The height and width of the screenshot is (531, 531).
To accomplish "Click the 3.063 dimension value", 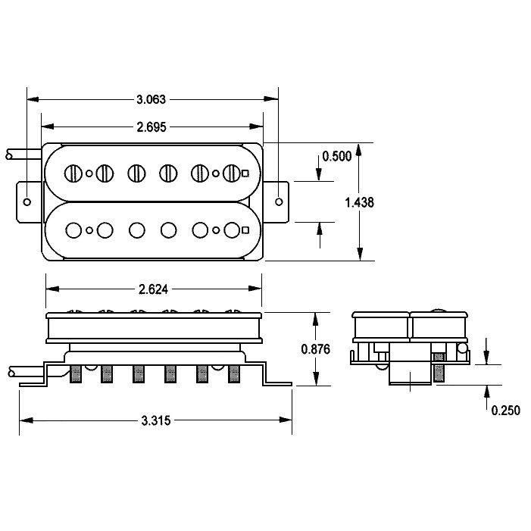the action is [x=151, y=99].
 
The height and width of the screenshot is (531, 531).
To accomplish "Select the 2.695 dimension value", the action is [x=151, y=127].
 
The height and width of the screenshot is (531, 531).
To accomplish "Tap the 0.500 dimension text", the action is [x=336, y=157].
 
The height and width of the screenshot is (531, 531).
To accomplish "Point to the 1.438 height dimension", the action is [x=359, y=202].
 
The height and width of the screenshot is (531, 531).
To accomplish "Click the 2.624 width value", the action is [x=154, y=289].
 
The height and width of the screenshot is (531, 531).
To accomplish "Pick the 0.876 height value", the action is [x=316, y=349].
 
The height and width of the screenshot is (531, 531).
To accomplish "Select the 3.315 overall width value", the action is [x=156, y=421].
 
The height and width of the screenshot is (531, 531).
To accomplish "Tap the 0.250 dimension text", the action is [x=505, y=411].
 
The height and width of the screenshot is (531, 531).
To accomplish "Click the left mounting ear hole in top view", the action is [x=27, y=202].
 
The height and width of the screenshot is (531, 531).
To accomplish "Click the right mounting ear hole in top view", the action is [x=279, y=202].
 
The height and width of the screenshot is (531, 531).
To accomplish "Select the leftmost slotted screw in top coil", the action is [x=73, y=173].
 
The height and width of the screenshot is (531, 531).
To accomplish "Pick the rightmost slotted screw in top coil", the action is [x=232, y=173].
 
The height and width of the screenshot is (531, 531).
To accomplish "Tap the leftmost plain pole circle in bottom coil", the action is [x=73, y=230].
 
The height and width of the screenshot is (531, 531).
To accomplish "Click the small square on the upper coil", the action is [x=245, y=173].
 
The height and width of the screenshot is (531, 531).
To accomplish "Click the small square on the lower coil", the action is [x=246, y=230].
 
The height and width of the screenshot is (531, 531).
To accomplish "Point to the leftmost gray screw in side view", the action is [x=76, y=374].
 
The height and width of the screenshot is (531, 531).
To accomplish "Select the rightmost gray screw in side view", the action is [x=234, y=374].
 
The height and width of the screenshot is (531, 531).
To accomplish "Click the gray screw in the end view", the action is [x=439, y=367].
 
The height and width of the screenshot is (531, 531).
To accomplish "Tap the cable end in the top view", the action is [x=9, y=155].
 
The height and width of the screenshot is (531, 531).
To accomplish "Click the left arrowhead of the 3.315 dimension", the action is [x=27, y=420].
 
